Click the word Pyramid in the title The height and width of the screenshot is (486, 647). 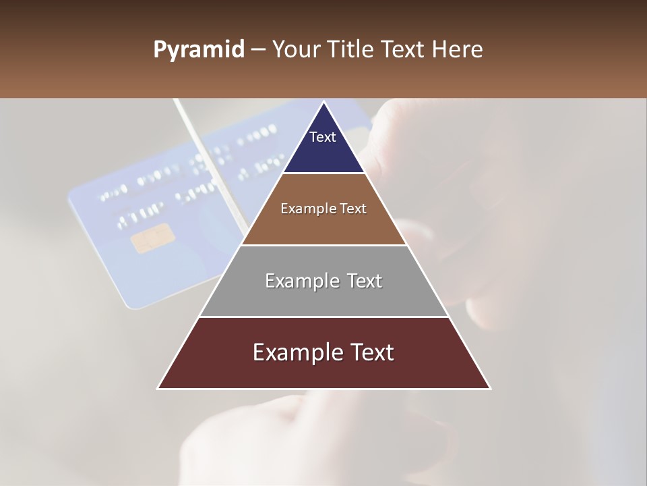[x=198, y=50]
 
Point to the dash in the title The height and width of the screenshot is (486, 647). [x=257, y=50]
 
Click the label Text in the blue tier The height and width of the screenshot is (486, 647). [x=323, y=137]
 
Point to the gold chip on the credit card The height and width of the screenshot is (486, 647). [x=154, y=240]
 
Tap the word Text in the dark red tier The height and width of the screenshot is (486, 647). [x=371, y=352]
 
